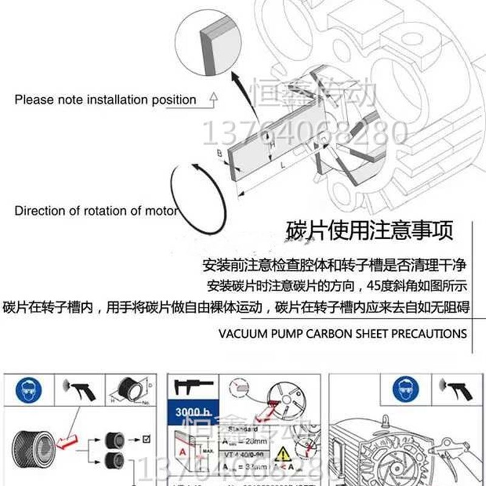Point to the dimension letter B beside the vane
(x=219, y=154)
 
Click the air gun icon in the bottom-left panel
(x=78, y=389)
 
